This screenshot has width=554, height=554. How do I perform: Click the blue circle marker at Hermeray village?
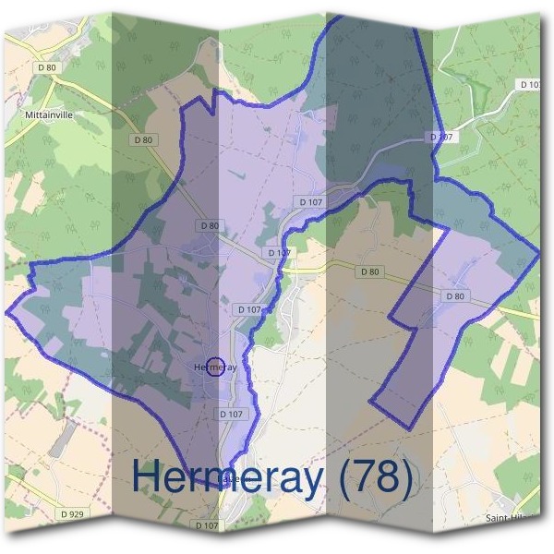(215, 367)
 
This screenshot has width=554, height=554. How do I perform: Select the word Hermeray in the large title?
(226, 477)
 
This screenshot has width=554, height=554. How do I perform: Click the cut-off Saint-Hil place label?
(507, 518)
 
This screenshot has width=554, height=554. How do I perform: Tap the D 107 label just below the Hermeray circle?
(232, 415)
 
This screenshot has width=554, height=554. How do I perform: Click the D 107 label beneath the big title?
(208, 524)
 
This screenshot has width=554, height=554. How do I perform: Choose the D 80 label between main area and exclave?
(368, 271)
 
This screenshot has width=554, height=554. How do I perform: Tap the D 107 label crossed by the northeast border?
(443, 137)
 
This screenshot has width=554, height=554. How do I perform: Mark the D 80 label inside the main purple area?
(209, 225)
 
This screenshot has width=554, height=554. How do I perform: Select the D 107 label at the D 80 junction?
(278, 252)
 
